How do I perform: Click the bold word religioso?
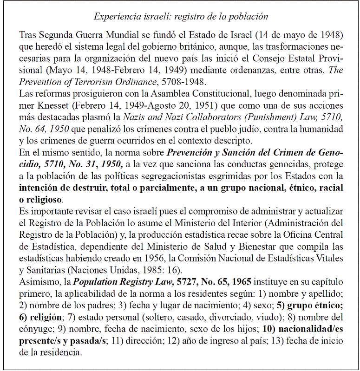click(43, 200)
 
